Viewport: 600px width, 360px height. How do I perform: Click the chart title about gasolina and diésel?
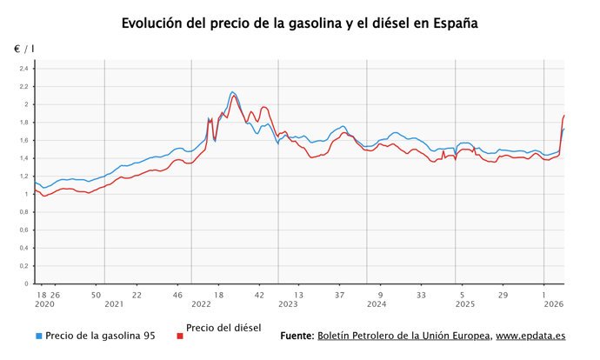click(x=300, y=23)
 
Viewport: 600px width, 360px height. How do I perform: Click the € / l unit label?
click(x=23, y=50)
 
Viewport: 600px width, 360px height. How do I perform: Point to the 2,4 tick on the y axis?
click(x=23, y=69)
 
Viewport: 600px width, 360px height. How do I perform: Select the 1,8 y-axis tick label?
click(x=23, y=123)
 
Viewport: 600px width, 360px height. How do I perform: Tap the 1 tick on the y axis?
click(x=26, y=194)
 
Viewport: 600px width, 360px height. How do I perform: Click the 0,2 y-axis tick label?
click(x=23, y=266)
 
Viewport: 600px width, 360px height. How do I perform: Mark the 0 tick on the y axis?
click(x=26, y=283)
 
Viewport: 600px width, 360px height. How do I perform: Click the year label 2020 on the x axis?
click(x=44, y=304)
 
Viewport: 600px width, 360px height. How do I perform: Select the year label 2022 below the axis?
click(x=201, y=304)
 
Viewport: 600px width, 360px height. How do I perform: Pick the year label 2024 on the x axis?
click(x=377, y=304)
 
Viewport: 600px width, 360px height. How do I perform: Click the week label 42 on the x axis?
click(x=259, y=294)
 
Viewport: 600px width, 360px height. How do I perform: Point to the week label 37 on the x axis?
click(x=340, y=294)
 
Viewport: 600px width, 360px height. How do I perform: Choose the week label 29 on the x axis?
click(x=503, y=294)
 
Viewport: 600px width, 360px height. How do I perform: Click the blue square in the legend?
click(x=39, y=336)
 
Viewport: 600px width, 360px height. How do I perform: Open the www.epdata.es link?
click(x=530, y=336)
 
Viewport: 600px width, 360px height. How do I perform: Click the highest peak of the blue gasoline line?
click(x=232, y=91)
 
